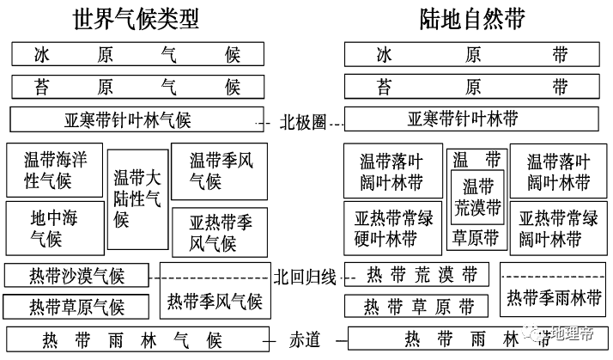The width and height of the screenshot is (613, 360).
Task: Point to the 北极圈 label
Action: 303,120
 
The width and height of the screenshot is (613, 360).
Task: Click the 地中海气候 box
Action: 54,225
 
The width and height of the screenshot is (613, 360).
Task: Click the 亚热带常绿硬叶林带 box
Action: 391,227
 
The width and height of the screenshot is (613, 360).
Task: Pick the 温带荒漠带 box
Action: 477,197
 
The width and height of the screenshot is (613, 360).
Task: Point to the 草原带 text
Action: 476,237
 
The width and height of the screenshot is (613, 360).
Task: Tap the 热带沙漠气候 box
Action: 76,276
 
